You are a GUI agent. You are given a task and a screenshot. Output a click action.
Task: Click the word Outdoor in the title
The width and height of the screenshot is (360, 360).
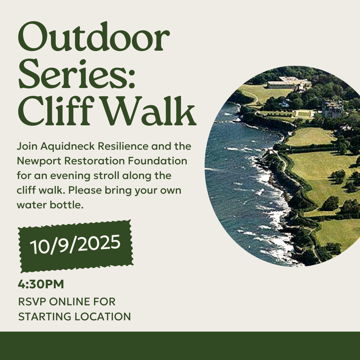click(94, 37)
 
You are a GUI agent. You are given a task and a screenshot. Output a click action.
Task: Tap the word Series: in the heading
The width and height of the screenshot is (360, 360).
click(76, 74)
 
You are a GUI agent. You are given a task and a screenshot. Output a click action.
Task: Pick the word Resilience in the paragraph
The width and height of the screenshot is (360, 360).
click(123, 146)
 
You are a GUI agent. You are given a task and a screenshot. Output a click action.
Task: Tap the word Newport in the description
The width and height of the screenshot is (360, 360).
click(39, 161)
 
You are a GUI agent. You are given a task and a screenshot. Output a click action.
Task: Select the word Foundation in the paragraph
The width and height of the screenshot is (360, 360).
click(157, 161)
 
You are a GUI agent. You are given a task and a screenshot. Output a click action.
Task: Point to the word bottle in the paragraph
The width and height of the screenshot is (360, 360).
click(66, 205)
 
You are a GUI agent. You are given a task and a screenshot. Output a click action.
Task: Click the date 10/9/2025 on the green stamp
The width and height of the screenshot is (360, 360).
click(75, 245)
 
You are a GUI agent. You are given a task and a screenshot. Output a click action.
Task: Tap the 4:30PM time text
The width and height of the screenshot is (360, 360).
click(41, 284)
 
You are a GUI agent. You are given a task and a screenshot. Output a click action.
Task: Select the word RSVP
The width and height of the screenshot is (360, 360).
click(32, 302)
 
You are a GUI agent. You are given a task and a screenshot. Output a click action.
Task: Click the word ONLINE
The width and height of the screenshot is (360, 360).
click(71, 302)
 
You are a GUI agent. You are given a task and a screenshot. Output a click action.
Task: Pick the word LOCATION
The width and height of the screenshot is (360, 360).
click(103, 317)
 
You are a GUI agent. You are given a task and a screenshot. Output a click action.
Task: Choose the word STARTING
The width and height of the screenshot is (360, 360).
click(45, 317)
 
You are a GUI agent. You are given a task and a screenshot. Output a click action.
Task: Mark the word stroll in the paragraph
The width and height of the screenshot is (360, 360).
click(106, 176)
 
